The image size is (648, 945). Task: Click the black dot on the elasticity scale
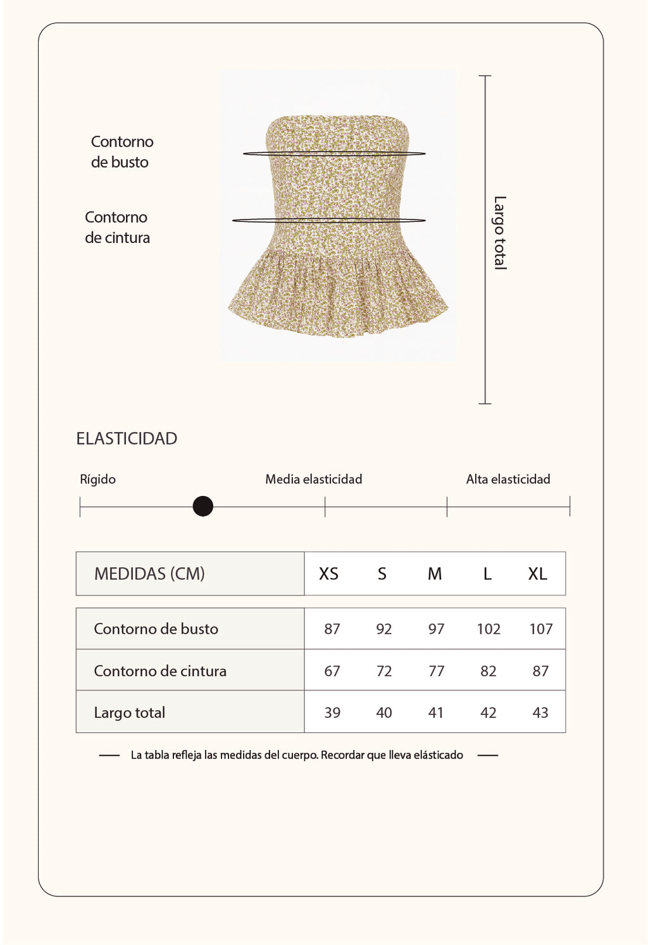tap(202, 506)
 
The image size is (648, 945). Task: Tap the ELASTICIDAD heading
tap(127, 438)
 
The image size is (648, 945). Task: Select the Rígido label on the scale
tap(97, 479)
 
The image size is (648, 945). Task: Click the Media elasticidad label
tap(313, 479)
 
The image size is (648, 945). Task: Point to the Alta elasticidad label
tap(508, 479)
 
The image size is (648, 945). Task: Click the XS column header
tap(328, 574)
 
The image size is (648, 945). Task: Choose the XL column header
tap(537, 574)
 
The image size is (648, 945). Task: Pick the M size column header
tap(434, 574)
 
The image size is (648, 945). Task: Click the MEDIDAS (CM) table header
tap(149, 574)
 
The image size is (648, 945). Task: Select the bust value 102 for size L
tap(489, 629)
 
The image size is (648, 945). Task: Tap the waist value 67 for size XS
tap(332, 671)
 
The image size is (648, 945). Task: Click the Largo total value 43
tap(540, 713)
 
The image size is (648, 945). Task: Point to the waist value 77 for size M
tap(436, 671)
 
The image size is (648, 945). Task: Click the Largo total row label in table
tap(129, 713)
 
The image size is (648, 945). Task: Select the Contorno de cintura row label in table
tap(160, 671)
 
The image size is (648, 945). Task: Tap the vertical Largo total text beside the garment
tap(500, 233)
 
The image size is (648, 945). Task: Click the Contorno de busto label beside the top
tap(121, 152)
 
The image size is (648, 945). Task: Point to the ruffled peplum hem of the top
tap(338, 297)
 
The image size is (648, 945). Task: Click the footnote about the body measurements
tap(297, 755)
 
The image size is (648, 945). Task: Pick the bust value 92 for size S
tap(383, 629)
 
